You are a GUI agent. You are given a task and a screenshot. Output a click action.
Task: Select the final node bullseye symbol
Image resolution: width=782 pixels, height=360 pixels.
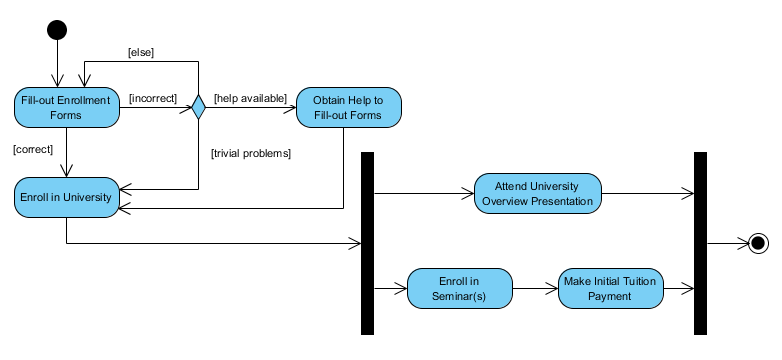coord(757,243)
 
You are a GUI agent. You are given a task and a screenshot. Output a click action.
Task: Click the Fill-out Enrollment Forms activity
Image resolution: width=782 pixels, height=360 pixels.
coord(65,108)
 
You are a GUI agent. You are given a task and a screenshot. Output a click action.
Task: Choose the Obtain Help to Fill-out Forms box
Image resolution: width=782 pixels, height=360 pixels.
coord(348,108)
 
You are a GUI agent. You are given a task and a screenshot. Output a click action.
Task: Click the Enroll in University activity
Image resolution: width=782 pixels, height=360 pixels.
coord(65,197)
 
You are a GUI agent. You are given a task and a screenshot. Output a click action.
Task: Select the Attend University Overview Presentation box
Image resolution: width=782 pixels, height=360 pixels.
coord(538,194)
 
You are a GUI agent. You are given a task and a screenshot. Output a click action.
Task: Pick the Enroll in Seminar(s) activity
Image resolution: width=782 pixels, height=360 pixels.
coord(460,288)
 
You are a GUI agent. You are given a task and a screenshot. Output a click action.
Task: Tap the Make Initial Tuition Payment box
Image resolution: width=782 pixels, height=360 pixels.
coord(609,288)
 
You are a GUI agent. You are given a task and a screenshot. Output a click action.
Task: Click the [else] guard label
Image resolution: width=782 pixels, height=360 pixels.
coord(140,51)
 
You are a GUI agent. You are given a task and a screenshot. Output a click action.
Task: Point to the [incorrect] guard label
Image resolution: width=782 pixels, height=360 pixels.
coord(153,98)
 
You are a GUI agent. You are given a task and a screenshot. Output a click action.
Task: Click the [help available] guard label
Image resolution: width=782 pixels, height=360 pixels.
coord(250,98)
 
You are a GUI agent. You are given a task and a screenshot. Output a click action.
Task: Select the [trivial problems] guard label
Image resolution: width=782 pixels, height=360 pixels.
coord(250,153)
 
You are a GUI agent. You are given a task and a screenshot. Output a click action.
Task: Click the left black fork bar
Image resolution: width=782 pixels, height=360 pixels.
coord(367,243)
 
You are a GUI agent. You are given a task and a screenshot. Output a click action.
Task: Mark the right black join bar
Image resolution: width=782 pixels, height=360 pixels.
coord(700,243)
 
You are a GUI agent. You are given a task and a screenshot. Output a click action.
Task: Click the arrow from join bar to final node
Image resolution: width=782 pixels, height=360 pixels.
coord(726,243)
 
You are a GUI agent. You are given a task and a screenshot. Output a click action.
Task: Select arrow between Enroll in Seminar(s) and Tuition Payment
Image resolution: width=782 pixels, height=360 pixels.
coord(535,288)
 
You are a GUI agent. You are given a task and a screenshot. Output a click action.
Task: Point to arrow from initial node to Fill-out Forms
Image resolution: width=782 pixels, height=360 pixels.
coord(57,64)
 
